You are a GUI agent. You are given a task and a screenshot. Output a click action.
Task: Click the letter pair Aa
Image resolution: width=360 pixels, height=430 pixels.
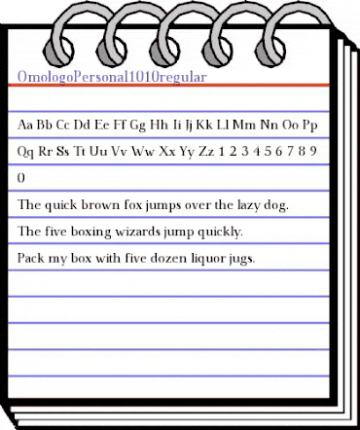[27, 125]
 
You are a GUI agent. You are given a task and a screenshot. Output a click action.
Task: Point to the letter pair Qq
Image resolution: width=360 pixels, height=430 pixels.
[27, 152]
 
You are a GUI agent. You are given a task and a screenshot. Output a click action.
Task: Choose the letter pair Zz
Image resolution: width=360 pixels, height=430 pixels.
[203, 152]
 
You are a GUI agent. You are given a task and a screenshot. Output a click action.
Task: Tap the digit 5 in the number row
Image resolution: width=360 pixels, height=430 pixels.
[265, 152]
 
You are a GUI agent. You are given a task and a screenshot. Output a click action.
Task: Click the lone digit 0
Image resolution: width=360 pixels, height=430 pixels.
[22, 179]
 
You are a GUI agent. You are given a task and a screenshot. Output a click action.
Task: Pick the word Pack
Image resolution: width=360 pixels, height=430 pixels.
[32, 259]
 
